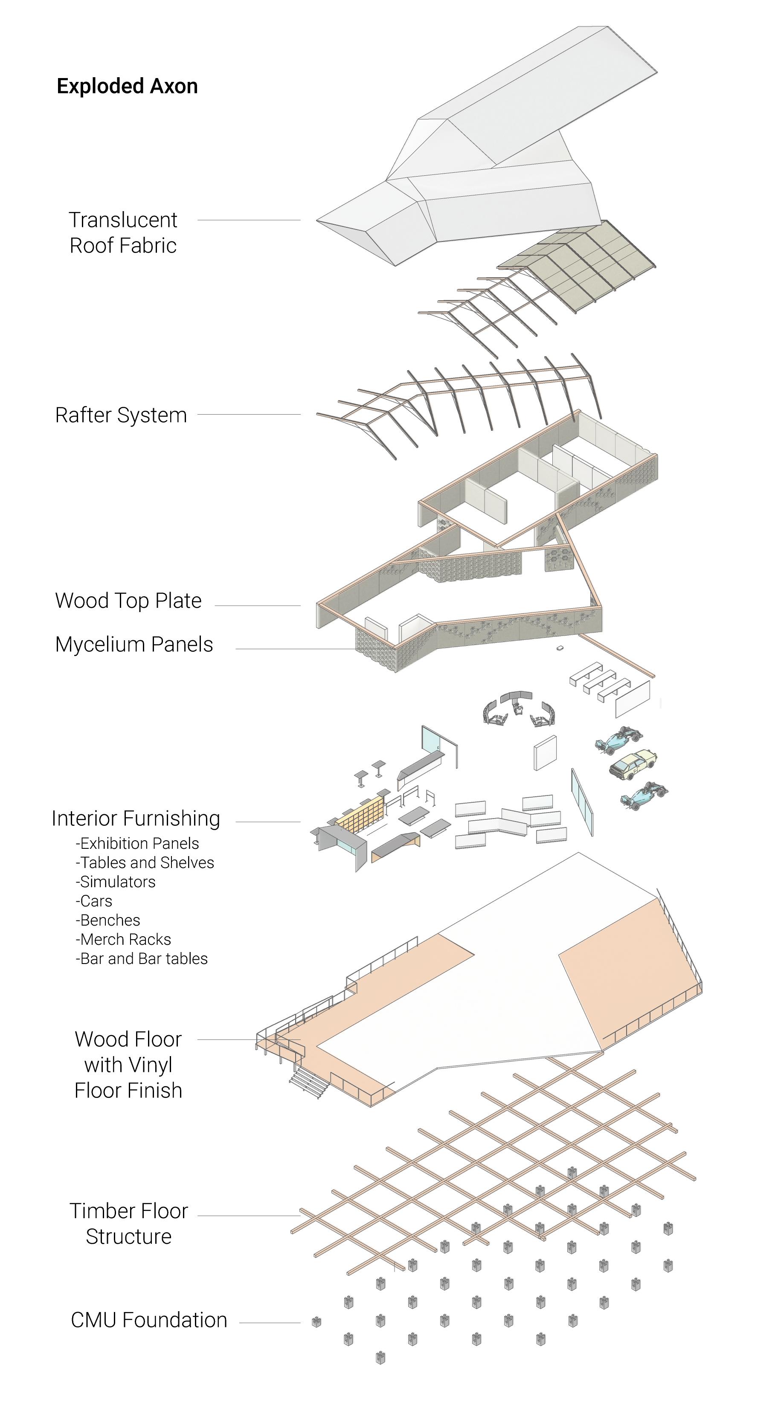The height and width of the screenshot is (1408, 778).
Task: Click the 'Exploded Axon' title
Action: tap(127, 86)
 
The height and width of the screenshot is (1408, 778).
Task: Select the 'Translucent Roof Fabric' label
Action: tap(123, 233)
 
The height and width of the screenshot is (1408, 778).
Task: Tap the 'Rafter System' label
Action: tap(121, 415)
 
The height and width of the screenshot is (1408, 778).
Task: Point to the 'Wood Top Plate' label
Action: tap(128, 601)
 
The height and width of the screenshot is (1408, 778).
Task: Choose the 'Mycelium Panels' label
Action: tap(134, 644)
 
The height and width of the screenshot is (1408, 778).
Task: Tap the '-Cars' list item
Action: tap(94, 901)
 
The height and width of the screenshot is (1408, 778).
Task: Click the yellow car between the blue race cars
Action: tap(633, 763)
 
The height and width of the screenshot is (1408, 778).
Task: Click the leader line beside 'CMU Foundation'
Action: tap(270, 1323)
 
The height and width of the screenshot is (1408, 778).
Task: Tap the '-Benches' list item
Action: tap(108, 920)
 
